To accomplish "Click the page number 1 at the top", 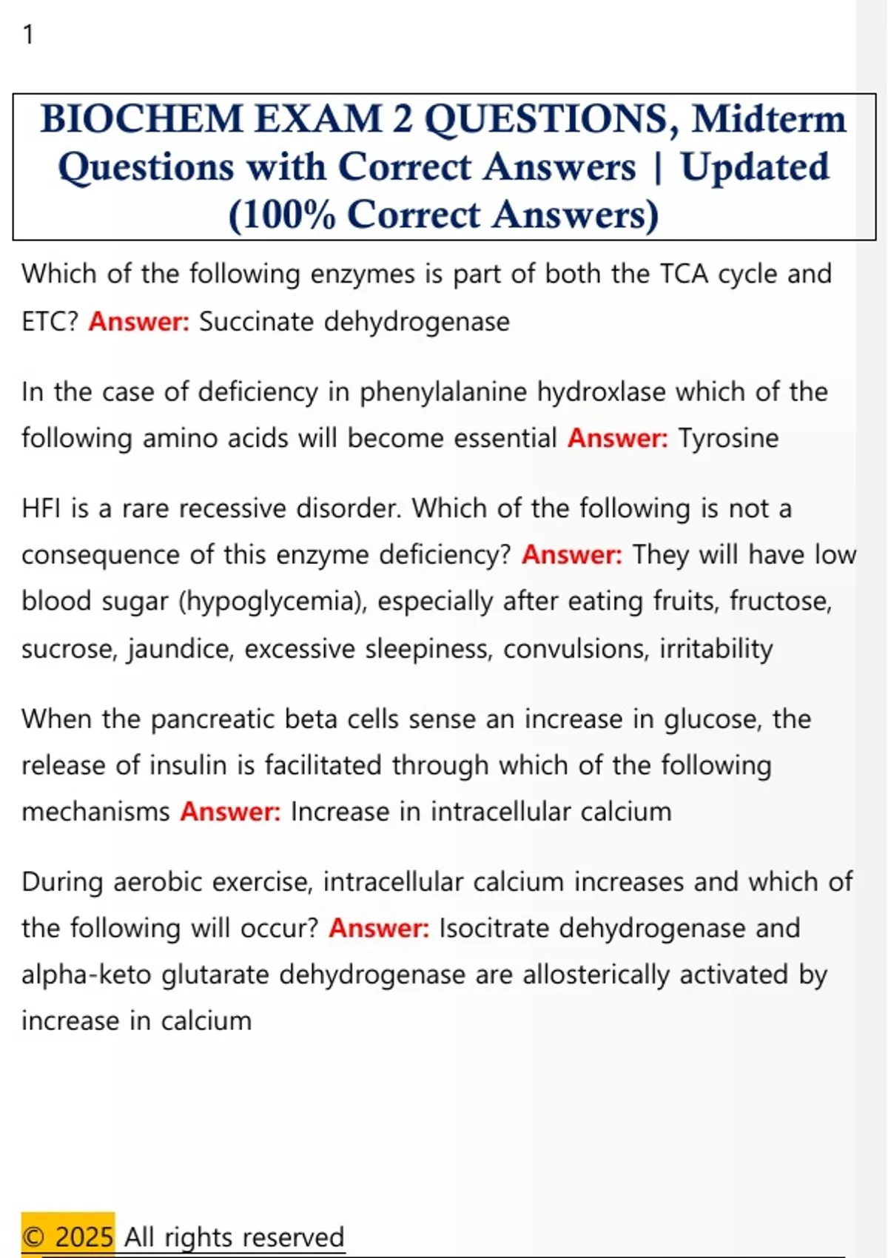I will (x=28, y=35).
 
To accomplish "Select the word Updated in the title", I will (x=755, y=166).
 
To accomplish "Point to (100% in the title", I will (x=281, y=215).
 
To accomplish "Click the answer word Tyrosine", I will (x=728, y=438).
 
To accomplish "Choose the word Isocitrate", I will (x=494, y=928).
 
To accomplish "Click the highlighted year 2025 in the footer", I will (x=84, y=1237).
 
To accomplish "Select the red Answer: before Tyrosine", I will (x=617, y=438).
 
